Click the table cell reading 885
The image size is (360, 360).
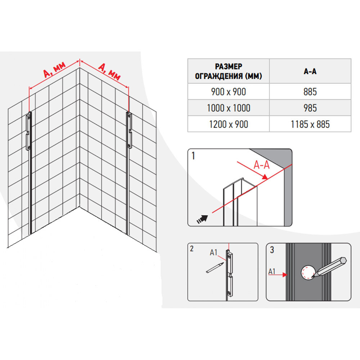310,91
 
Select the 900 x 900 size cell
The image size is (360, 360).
229,91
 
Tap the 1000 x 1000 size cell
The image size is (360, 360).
229,108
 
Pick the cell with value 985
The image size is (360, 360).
310,108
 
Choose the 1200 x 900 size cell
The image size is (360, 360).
229,124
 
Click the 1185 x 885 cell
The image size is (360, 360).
310,124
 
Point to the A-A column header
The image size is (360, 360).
310,71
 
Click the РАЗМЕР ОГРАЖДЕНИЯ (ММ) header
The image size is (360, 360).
229,71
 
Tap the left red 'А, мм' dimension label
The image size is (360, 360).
54,69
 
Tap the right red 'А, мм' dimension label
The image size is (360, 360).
109,71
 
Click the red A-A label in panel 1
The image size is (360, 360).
261,165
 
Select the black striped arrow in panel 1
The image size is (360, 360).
202,219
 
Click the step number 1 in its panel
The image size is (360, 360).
193,156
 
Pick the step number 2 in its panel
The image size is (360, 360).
192,249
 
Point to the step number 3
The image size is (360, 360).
272,250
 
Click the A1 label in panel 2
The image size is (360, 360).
213,253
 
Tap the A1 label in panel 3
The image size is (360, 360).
272,271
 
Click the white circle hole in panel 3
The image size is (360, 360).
308,273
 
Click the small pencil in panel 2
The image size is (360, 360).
215,268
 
